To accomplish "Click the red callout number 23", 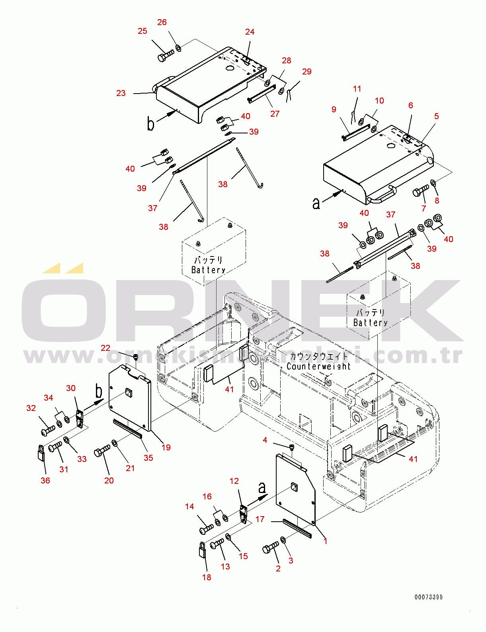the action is [121, 93].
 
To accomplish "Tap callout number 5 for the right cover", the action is [436, 116].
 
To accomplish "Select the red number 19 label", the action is [166, 447].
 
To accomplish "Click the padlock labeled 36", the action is [41, 454].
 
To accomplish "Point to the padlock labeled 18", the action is [203, 550].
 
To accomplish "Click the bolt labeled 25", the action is [166, 55].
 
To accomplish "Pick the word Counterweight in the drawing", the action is [318, 366].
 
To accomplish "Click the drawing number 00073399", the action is [428, 597].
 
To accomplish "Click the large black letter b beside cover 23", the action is [150, 125].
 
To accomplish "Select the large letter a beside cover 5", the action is [316, 203].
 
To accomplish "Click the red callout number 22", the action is [105, 348].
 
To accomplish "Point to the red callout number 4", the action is [265, 440].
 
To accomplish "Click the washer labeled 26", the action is [179, 48].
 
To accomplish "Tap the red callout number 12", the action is [234, 481].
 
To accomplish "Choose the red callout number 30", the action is [70, 388].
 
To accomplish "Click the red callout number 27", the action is [275, 114].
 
